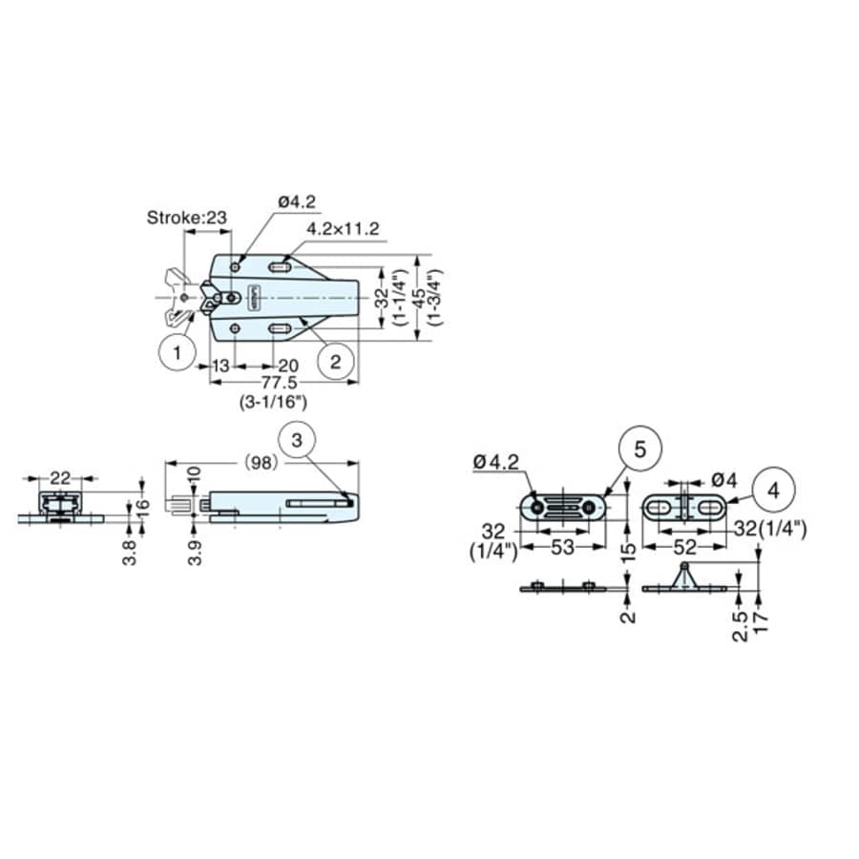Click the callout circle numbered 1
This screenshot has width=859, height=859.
coord(177,354)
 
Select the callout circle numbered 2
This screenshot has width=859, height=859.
coord(335,362)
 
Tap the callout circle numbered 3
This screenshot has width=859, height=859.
coord(299,440)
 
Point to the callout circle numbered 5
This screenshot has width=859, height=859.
coord(639,449)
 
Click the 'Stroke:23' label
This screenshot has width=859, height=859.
coord(187,218)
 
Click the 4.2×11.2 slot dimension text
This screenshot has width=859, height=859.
coord(344,229)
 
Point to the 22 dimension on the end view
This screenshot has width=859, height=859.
coord(60,476)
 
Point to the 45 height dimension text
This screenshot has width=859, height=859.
coord(418,298)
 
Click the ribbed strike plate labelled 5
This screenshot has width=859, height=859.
coord(566,506)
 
